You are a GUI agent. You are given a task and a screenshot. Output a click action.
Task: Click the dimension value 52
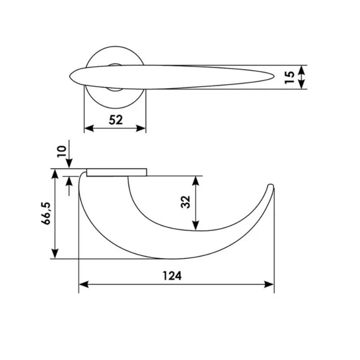pos(116,120)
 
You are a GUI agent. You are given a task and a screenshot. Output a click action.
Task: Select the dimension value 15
pos(289,77)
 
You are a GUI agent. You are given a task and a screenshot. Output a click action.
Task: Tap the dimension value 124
pos(172,276)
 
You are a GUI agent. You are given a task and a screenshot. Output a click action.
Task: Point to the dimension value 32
pos(185,202)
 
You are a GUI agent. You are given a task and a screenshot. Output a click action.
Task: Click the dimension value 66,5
pos(46,213)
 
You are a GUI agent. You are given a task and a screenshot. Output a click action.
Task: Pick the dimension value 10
pos(61,152)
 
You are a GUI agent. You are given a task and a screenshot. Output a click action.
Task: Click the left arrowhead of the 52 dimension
pos(89,128)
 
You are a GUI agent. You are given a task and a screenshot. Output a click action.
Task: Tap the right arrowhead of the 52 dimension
pos(141,128)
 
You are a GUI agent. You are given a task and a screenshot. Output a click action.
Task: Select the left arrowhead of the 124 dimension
pos(84,284)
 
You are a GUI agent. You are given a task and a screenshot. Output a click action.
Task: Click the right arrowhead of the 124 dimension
pos(269,284)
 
